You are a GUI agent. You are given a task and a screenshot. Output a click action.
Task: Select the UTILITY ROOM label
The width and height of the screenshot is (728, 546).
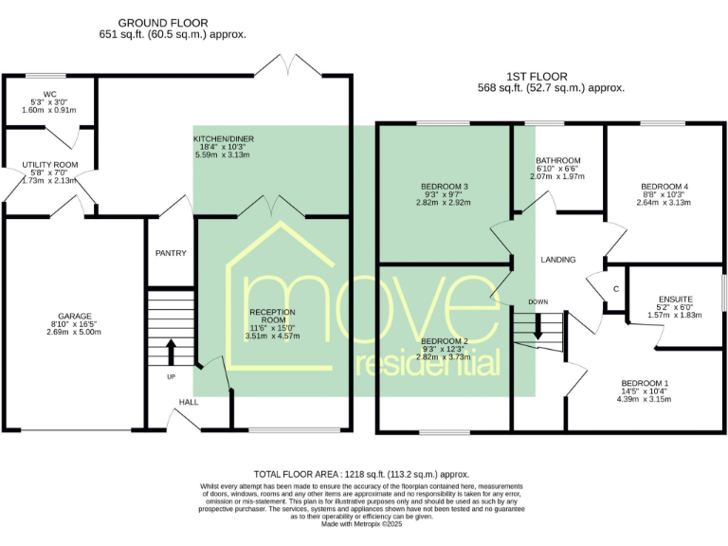50,165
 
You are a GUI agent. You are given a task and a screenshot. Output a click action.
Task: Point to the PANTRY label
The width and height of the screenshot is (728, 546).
171,253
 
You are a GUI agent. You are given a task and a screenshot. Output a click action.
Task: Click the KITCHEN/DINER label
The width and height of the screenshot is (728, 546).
223,139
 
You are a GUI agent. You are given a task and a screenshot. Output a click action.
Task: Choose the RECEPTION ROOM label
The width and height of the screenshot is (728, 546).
272,312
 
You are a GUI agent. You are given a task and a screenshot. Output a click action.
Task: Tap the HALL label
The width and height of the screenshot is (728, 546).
189,403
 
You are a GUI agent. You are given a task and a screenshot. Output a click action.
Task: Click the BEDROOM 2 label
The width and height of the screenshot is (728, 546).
445,340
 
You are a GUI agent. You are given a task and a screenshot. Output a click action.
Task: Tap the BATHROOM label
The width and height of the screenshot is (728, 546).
557,161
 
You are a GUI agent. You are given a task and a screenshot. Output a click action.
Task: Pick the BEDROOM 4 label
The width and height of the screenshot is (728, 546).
664,186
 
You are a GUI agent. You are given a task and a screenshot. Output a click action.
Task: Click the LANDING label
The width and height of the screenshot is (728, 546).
558,259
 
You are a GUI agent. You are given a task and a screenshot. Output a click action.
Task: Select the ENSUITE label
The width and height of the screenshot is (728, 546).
675,299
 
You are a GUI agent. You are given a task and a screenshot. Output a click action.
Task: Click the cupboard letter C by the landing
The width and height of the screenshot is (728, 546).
615,288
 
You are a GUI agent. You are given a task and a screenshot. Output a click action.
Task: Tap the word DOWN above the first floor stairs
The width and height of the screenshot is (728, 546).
538,302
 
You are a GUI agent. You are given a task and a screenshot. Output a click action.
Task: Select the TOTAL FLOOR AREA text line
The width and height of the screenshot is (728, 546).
361,473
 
